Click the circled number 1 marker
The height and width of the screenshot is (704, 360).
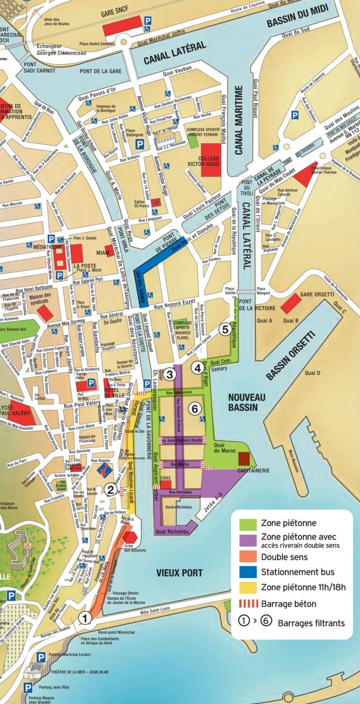85,618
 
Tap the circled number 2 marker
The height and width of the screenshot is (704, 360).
111,490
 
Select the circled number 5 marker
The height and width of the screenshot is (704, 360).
225,329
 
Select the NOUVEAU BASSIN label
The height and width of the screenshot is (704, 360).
247,402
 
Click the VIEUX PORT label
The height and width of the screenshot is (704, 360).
180,573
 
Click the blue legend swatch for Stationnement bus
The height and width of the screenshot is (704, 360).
247,572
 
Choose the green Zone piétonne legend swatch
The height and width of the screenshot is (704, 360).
247,523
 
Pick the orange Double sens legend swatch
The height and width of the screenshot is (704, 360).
247,557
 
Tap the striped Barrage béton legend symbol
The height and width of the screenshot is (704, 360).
247,604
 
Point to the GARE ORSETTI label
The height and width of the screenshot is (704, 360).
317,294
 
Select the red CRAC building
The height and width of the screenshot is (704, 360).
165,484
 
